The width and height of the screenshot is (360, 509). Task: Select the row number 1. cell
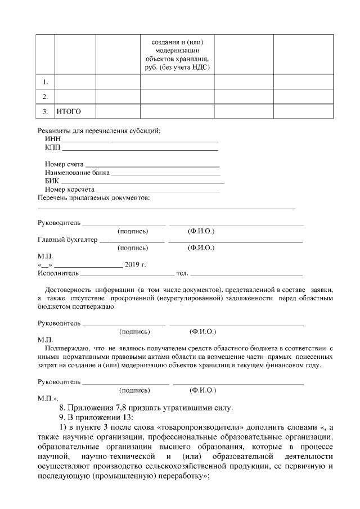click(x=45, y=82)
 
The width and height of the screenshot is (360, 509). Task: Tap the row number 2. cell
click(x=45, y=96)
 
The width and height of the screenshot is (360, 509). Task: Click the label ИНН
click(x=52, y=139)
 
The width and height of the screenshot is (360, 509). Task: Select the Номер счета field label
click(x=65, y=164)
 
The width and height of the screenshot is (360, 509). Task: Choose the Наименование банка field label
click(x=77, y=173)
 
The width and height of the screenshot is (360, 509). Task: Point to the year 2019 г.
click(x=135, y=264)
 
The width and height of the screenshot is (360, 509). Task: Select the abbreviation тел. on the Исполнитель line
click(x=182, y=273)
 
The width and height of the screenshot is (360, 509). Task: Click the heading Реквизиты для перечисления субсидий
click(x=98, y=131)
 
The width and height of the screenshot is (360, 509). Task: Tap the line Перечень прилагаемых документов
click(x=93, y=198)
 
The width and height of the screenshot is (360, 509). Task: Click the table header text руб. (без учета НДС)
click(x=177, y=67)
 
